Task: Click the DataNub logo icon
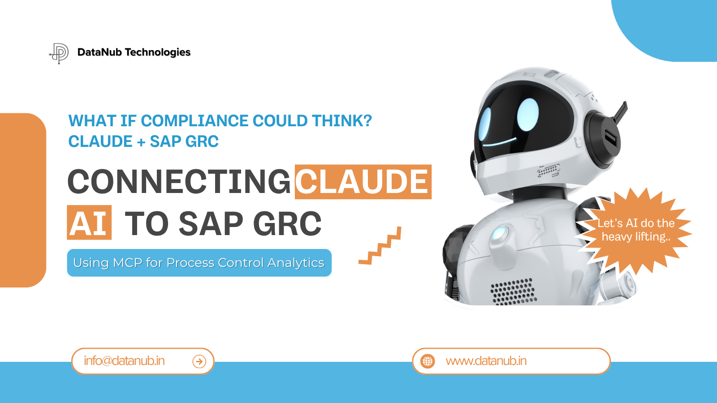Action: click(59, 53)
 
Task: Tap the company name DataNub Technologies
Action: click(134, 52)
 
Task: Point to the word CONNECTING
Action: click(179, 182)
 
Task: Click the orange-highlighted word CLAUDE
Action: click(363, 182)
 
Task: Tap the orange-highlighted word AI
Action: click(89, 223)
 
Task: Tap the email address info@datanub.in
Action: click(124, 361)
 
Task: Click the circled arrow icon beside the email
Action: click(199, 361)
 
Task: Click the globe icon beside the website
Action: click(428, 361)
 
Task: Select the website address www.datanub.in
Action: click(486, 361)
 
